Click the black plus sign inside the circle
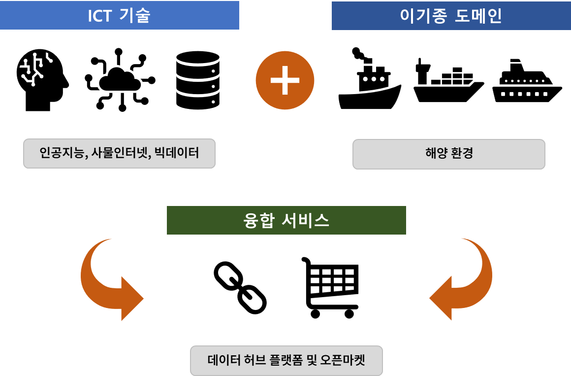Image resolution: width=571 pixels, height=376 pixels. [x=285, y=80]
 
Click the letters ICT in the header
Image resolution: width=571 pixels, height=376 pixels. [x=100, y=16]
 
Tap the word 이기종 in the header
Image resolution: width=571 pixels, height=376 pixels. [x=422, y=16]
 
